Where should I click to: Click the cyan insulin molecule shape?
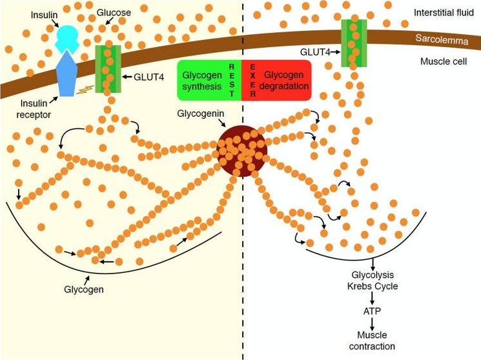67,38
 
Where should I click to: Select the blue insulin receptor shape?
67,74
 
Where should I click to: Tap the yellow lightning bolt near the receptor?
85,90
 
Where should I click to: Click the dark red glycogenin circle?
241,151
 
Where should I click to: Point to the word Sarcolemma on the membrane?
442,39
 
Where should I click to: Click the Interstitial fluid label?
444,12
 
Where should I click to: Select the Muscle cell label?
444,61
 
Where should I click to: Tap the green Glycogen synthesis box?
209,81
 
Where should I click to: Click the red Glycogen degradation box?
276,81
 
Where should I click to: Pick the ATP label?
372,311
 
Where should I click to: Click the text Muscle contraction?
372,341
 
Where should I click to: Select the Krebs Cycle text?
373,286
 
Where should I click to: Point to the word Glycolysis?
373,275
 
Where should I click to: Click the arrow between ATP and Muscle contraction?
372,324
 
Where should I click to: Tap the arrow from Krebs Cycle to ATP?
372,298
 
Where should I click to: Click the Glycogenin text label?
201,114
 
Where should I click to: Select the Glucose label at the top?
114,12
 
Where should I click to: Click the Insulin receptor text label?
34,109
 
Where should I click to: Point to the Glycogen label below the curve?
84,290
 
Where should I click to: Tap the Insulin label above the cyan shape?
44,15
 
